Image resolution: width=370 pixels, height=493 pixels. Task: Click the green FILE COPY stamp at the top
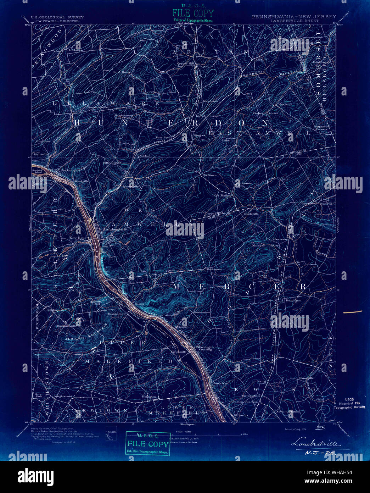pyautogui.click(x=193, y=13)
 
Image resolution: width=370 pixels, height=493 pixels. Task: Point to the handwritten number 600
pyautogui.click(x=321, y=427)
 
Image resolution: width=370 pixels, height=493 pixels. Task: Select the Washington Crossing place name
pyautogui.click(x=206, y=348)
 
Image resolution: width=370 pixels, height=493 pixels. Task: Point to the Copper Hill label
pyautogui.click(x=186, y=63)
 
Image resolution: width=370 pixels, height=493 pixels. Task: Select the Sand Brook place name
pyautogui.click(x=121, y=72)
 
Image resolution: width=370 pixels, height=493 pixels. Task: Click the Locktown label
pyautogui.click(x=75, y=50)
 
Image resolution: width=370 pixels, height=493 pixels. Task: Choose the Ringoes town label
pyautogui.click(x=199, y=135)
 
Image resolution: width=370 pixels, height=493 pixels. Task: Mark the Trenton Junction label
pyautogui.click(x=245, y=401)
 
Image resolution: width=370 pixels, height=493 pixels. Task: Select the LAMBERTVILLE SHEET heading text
pyautogui.click(x=295, y=21)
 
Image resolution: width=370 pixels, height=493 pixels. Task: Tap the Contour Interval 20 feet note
pyautogui.click(x=184, y=439)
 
